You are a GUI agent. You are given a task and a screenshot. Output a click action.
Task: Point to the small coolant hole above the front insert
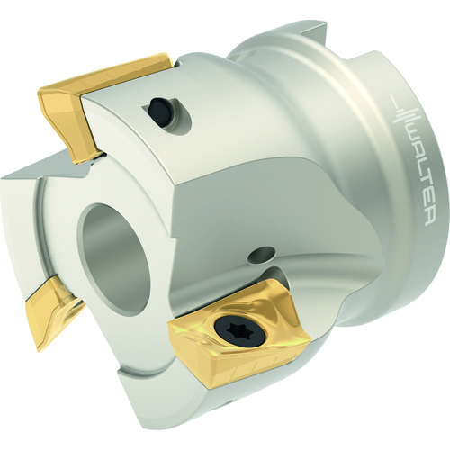coord(261,254)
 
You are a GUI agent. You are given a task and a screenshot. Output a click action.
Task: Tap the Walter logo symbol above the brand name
coord(405,115)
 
